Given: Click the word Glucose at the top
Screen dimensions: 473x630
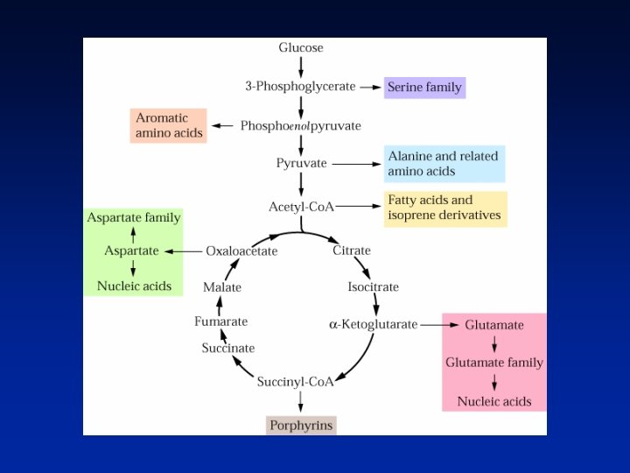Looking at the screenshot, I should [x=301, y=47].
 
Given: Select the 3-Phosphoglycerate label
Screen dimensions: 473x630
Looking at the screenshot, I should [x=300, y=87].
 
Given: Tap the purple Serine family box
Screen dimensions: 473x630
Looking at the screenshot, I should [x=424, y=88].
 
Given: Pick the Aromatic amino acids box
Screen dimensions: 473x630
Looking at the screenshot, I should [x=169, y=125].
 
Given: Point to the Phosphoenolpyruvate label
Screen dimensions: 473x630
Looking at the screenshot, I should [x=300, y=126].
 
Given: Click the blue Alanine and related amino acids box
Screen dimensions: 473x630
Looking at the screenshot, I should [x=444, y=164].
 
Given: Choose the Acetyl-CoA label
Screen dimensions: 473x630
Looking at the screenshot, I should [x=301, y=207].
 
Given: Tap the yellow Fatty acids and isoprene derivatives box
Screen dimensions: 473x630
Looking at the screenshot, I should [x=444, y=208].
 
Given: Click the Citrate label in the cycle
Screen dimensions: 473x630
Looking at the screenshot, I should [x=352, y=251].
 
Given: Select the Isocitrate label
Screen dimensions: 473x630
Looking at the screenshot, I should [x=373, y=286].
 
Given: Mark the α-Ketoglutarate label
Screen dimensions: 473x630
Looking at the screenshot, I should [x=374, y=324].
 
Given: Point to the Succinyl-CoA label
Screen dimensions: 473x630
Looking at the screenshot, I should [x=296, y=382].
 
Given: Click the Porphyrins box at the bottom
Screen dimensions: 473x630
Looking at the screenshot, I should [x=301, y=426].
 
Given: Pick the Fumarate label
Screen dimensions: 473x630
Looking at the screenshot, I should [x=220, y=321].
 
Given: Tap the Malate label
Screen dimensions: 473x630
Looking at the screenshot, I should [x=222, y=286].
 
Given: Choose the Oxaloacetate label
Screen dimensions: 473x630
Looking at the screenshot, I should [x=241, y=251].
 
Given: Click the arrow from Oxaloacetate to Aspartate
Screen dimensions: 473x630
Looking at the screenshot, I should [x=182, y=251].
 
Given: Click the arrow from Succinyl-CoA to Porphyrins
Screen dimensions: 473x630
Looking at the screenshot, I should [x=301, y=402].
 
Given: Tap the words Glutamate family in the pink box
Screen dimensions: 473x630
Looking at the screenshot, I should [x=494, y=363].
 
